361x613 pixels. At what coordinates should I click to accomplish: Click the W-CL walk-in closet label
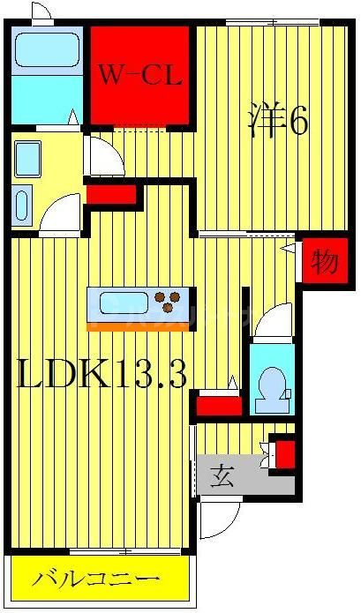pyautogui.click(x=139, y=75)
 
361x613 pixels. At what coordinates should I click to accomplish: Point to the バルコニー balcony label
pyautogui.click(x=97, y=579)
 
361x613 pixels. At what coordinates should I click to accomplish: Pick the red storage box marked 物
pyautogui.click(x=324, y=261)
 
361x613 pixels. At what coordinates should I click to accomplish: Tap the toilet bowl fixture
pyautogui.click(x=272, y=387)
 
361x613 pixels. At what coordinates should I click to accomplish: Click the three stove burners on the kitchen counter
pyautogui.click(x=168, y=302)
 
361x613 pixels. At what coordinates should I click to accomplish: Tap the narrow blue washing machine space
pyautogui.click(x=23, y=202)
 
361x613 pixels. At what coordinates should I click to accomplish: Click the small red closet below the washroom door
pyautogui.click(x=111, y=192)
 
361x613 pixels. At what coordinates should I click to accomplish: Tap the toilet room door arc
pyautogui.click(x=274, y=320)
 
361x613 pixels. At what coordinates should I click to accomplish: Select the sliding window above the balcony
pyautogui.click(x=97, y=552)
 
